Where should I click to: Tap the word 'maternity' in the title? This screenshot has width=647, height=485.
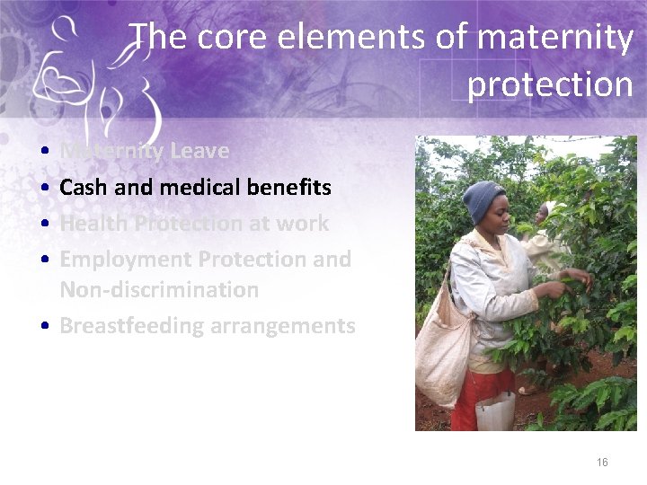pos(555,38)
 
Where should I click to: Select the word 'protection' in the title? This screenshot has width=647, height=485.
pos(550,84)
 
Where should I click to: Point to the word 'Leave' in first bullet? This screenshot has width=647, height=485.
pos(199,151)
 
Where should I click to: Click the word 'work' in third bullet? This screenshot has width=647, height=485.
pos(302,224)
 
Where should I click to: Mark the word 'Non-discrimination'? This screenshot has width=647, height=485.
pos(159,290)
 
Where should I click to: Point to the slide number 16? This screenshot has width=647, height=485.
pos(602,463)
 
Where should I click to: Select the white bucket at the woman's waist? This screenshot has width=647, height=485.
pos(495,411)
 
